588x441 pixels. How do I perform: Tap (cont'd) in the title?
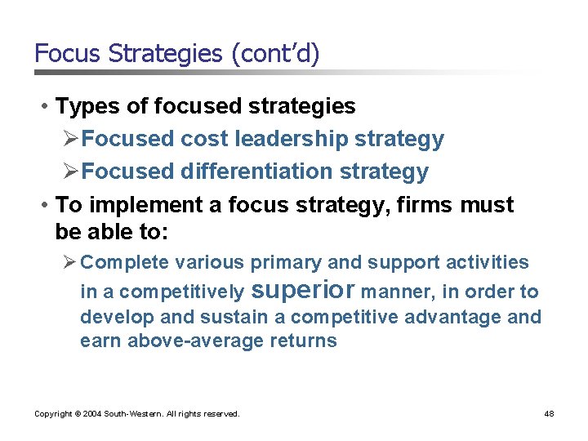click(275, 54)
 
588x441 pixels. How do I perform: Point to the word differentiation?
click(266, 171)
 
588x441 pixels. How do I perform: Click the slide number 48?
click(549, 414)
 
